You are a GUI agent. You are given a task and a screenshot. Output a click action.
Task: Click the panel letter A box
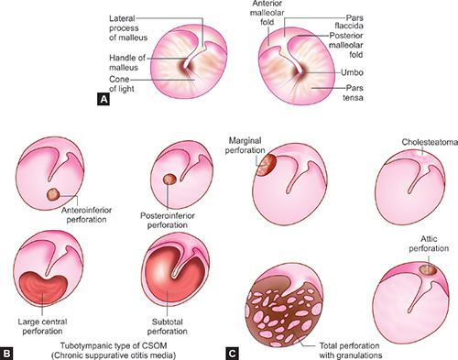coord(104,100)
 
